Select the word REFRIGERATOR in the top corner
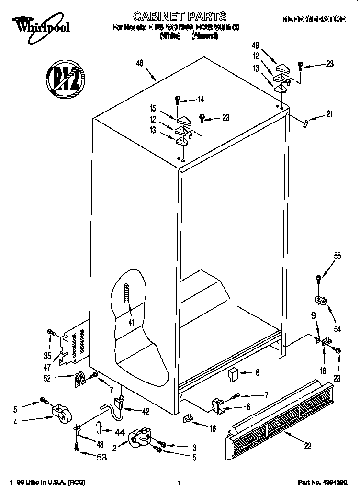(x=313, y=19)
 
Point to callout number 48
(x=140, y=62)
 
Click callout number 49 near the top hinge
(x=255, y=45)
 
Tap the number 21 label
(x=328, y=114)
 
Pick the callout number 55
(x=337, y=256)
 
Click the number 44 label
(x=120, y=432)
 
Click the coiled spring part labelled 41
(x=127, y=293)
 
